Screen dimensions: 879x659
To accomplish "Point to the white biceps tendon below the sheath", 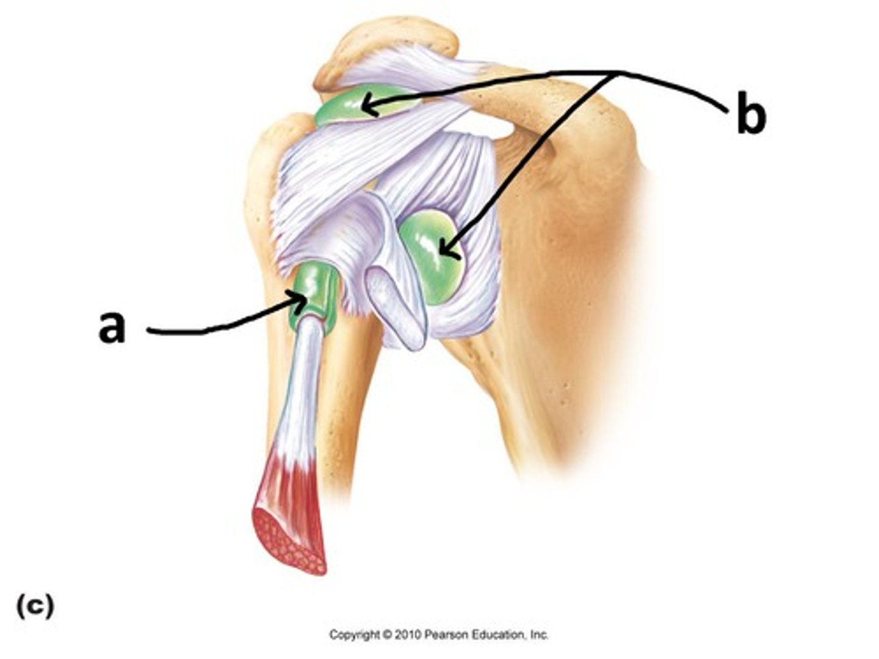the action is [305, 378].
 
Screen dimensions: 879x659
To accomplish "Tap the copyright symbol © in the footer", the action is [387, 635].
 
